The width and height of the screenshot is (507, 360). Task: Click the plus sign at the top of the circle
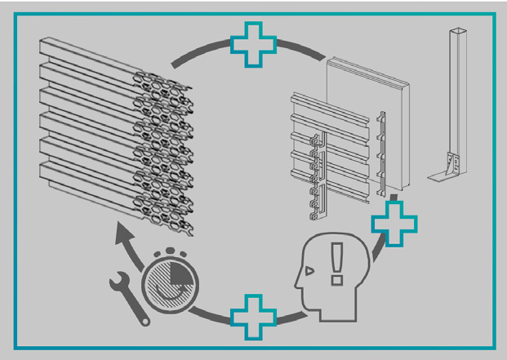(x=255, y=46)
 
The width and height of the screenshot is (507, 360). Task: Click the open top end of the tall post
(x=455, y=33)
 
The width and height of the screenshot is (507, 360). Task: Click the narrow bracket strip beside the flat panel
(x=383, y=155)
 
